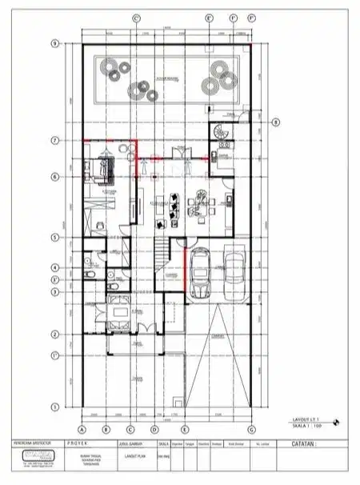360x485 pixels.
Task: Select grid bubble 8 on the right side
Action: click(275, 122)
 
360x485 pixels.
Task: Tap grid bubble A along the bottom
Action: click(82, 427)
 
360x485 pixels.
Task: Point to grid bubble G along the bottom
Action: click(251, 427)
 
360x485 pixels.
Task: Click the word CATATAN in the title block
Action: click(297, 443)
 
